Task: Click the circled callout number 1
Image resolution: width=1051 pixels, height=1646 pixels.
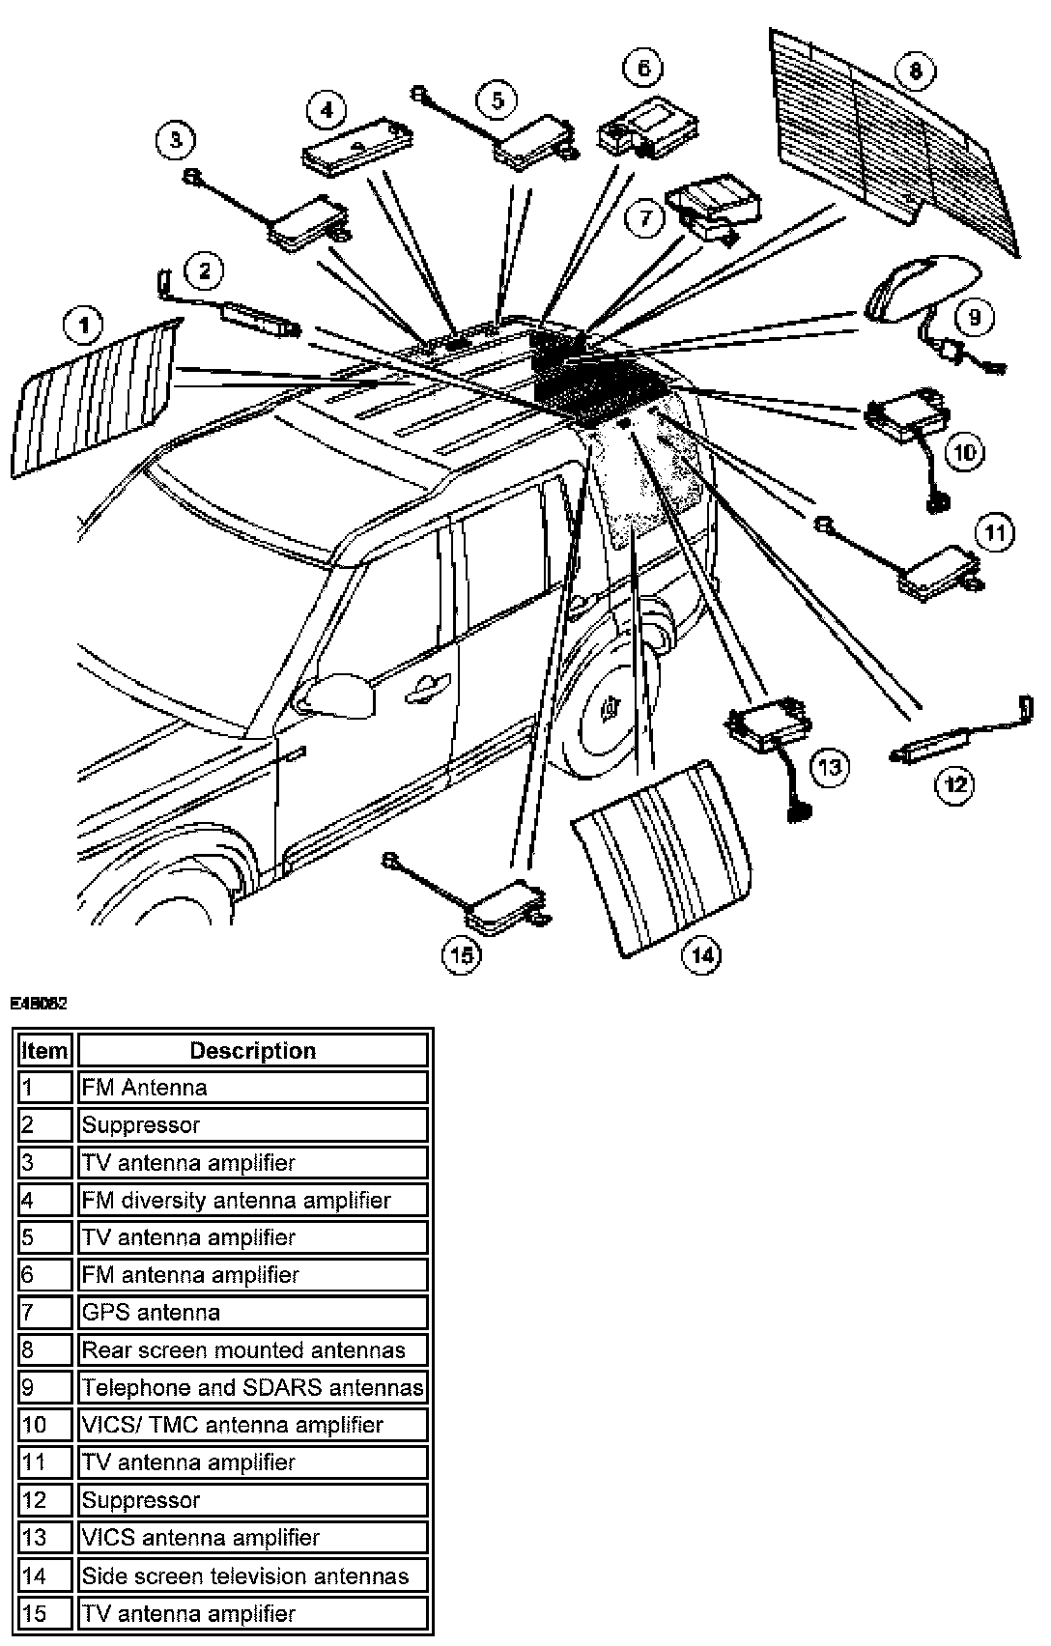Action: tap(85, 326)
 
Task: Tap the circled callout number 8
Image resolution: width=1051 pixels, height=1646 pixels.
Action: tap(915, 71)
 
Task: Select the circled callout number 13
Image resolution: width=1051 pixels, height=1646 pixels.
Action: tap(829, 768)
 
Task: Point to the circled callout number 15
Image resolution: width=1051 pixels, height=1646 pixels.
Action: tap(462, 955)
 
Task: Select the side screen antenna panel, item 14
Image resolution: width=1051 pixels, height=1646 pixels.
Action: tap(662, 860)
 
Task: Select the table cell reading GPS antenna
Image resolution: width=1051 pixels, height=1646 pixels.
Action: tap(252, 1312)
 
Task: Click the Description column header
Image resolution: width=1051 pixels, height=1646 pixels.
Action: tap(252, 1050)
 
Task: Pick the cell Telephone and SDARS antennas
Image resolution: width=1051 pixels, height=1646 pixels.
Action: tap(252, 1387)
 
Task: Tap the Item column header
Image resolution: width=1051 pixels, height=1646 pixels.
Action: tap(44, 1050)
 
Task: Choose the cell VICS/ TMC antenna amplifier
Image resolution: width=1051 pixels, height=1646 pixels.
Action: tap(252, 1425)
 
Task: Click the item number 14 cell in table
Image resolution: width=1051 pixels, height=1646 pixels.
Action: tap(44, 1575)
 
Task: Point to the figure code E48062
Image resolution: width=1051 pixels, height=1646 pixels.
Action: tap(39, 1005)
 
